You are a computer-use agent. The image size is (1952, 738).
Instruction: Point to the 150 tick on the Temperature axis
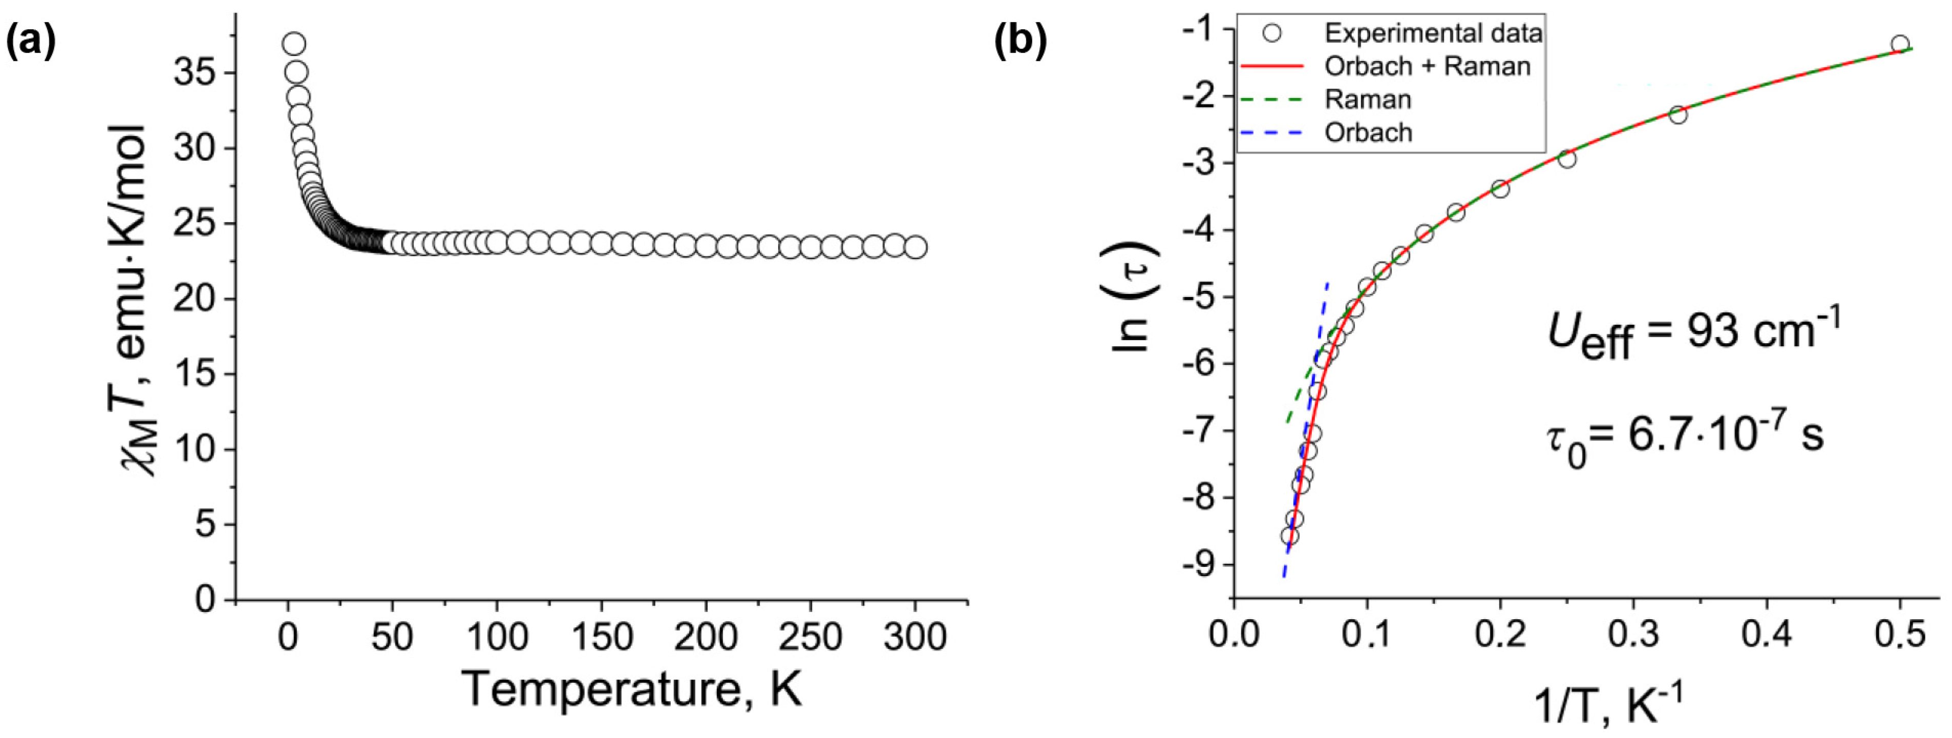pos(601,637)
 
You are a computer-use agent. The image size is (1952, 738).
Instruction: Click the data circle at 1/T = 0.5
pos(1900,44)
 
